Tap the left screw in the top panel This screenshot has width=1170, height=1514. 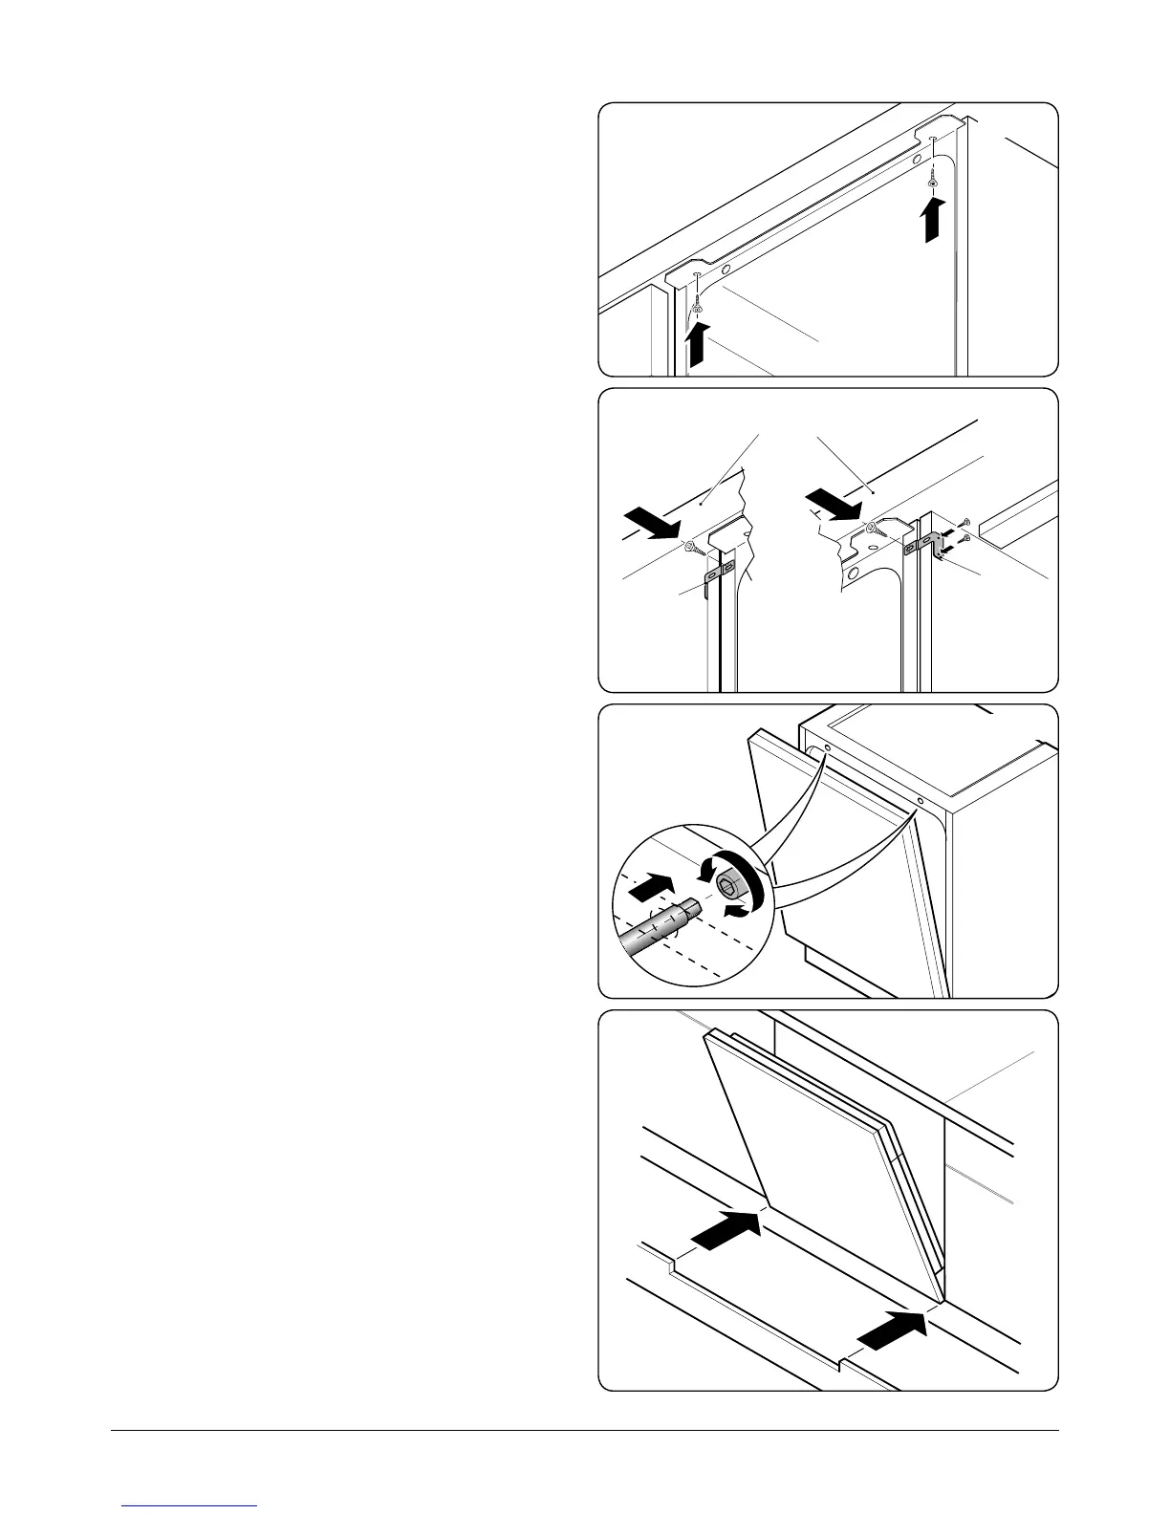[x=699, y=304]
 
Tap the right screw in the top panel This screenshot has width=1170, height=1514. [x=933, y=178]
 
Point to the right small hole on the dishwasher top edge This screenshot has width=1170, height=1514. [x=919, y=801]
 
